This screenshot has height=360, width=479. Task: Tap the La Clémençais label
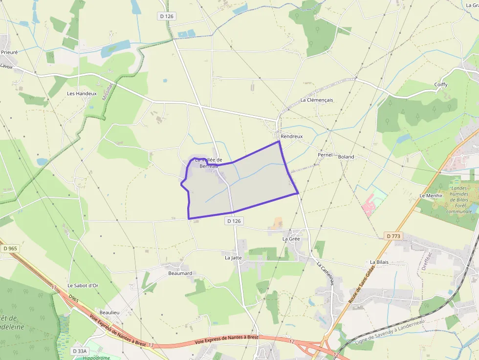point(316,100)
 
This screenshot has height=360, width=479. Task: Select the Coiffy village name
point(441,85)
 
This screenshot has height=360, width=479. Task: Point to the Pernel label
point(325,155)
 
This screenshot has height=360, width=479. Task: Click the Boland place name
point(346,157)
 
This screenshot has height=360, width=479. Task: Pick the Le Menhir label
point(431,195)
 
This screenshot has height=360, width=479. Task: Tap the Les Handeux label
point(82,93)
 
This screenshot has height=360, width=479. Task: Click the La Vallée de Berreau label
point(209,163)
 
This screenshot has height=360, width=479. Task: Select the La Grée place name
point(291,239)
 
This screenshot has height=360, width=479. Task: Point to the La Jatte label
point(233,257)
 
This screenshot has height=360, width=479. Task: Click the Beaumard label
point(180,273)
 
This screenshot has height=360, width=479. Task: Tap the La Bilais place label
point(379,262)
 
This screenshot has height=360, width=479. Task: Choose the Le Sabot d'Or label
point(83,285)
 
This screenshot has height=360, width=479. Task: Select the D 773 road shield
point(393,236)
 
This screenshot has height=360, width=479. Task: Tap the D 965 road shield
point(10,249)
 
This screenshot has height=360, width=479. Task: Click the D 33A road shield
point(79,351)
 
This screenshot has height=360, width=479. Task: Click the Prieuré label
point(9,52)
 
